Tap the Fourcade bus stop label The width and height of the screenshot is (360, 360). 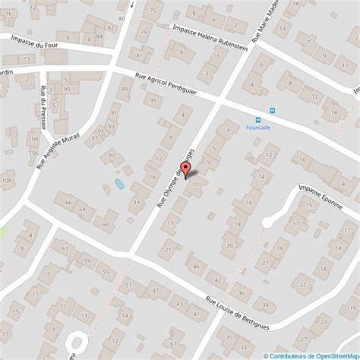[x=259, y=127]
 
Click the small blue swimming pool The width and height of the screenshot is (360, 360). [x=119, y=184]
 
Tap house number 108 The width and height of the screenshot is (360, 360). [x=7, y=180]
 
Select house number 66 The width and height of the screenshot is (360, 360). [x=68, y=203]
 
